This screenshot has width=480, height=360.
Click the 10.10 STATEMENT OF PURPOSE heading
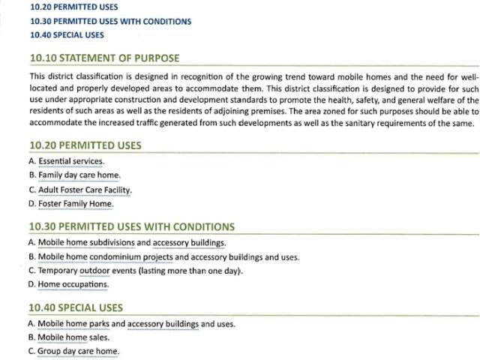click(104, 58)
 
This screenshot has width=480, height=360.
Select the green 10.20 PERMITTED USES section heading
click(85, 145)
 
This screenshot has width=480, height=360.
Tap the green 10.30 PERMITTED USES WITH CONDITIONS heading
click(131, 226)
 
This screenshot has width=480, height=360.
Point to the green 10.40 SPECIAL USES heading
click(76, 307)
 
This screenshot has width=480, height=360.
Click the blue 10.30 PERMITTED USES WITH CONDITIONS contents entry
click(110, 21)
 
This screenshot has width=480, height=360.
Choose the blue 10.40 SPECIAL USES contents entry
click(67, 34)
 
